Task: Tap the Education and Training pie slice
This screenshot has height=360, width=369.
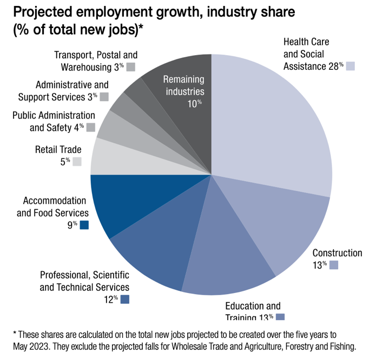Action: coord(227,259)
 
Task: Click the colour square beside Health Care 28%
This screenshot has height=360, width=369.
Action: coord(351,66)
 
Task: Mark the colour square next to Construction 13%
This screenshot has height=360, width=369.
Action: coord(334,265)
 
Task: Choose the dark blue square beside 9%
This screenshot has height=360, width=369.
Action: coord(84,225)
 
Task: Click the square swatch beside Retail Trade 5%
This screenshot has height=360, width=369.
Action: coord(77,161)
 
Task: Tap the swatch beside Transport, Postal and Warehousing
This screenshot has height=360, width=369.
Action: coord(130,67)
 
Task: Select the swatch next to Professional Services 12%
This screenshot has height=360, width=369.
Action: coord(125,299)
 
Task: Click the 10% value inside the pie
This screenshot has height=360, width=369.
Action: coord(195,104)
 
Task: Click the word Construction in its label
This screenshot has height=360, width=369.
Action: coord(337,253)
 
